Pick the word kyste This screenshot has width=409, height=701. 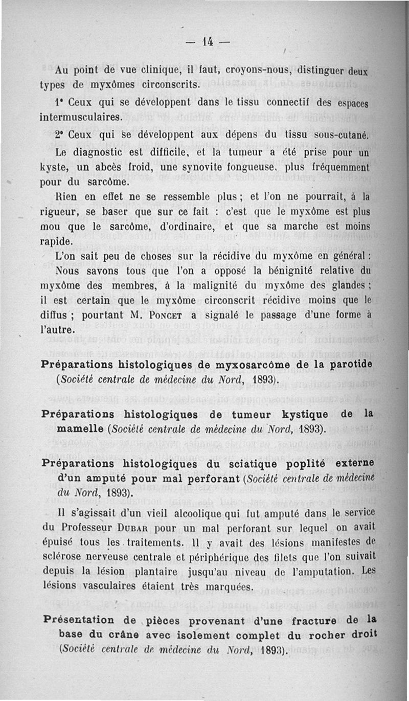click(x=53, y=167)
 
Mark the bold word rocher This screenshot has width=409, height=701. click(x=317, y=636)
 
